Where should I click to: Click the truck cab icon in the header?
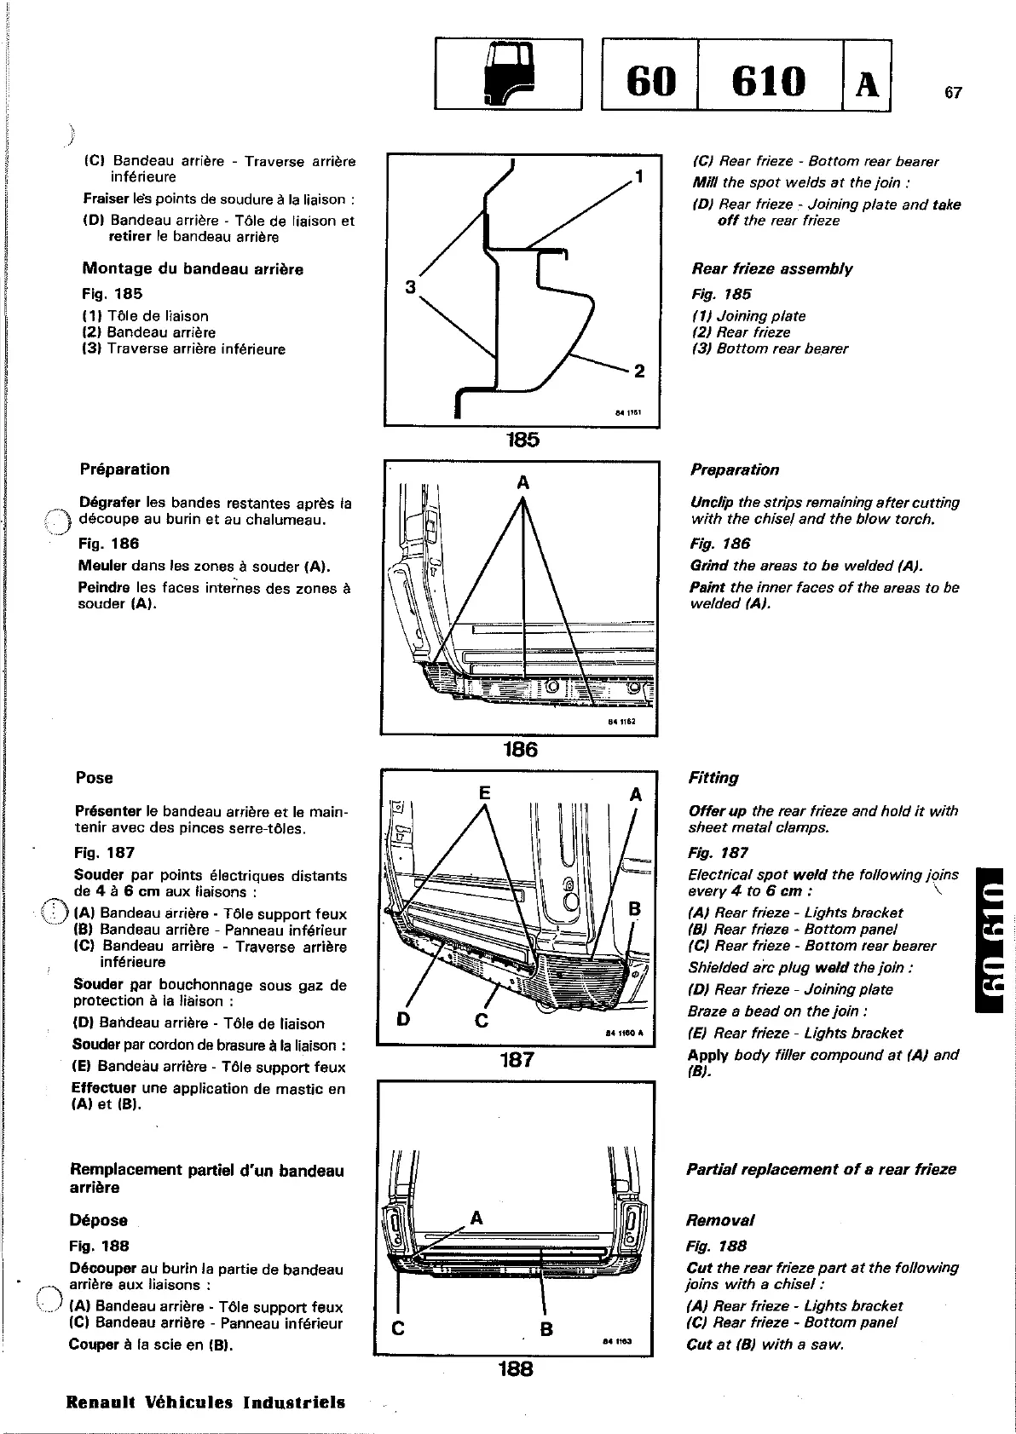tap(508, 74)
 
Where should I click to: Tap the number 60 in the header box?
tap(650, 82)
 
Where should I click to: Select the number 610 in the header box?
tap(769, 82)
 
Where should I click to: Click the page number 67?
tap(953, 93)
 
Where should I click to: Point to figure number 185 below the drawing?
tap(522, 440)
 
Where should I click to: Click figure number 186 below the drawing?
tap(520, 749)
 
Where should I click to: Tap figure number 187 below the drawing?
tap(517, 1059)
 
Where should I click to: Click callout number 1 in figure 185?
tap(638, 177)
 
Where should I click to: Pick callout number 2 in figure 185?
tap(639, 371)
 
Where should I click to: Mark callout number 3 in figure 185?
tap(410, 288)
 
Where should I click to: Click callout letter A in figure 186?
tap(523, 483)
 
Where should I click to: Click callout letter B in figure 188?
tap(546, 1328)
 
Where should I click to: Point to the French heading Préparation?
tap(124, 469)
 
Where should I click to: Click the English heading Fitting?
tap(713, 778)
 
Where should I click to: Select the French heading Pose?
tap(94, 778)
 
